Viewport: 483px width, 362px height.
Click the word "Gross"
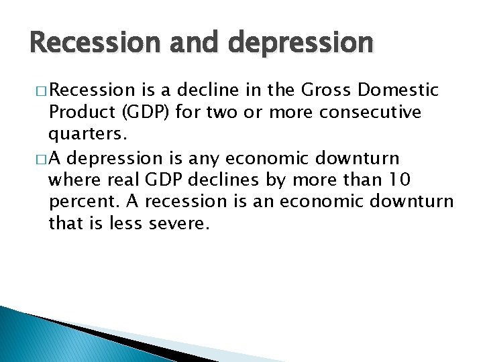coord(324,90)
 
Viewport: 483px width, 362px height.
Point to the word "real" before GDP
coord(117,180)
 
